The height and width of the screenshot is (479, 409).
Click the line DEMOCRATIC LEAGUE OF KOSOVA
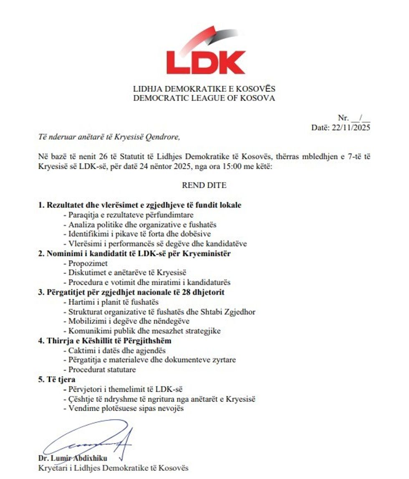[x=204, y=98]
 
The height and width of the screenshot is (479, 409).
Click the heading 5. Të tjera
[x=57, y=379]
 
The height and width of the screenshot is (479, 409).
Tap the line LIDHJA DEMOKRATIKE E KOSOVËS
[x=204, y=89]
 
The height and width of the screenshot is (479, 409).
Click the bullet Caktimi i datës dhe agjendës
[x=115, y=350]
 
